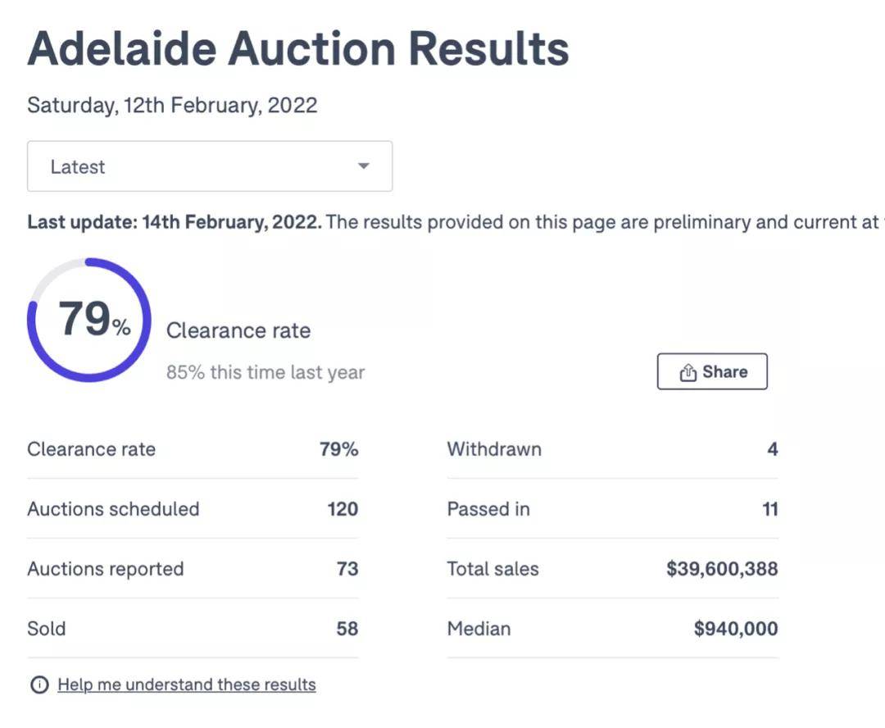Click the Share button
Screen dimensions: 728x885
point(712,372)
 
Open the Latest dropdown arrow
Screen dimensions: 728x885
point(364,166)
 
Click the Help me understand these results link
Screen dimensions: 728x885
point(186,685)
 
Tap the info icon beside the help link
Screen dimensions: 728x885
point(39,685)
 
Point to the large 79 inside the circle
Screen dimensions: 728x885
point(84,319)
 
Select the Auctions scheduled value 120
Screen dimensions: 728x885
point(343,509)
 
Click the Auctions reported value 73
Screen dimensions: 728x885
point(347,569)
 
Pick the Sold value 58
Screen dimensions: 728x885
point(347,629)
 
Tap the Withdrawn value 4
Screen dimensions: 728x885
point(772,449)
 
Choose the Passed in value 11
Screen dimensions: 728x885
point(769,509)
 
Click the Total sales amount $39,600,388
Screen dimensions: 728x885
point(722,569)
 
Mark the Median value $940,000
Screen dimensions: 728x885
point(736,629)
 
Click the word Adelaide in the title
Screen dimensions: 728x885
point(121,49)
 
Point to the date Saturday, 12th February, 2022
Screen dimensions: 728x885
point(172,106)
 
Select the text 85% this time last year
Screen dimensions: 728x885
point(265,372)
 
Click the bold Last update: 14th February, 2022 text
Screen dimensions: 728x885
point(175,222)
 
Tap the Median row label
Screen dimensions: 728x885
point(479,629)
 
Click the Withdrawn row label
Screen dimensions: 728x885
point(494,449)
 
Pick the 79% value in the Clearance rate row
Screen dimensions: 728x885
point(338,449)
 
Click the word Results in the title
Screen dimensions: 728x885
point(488,49)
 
